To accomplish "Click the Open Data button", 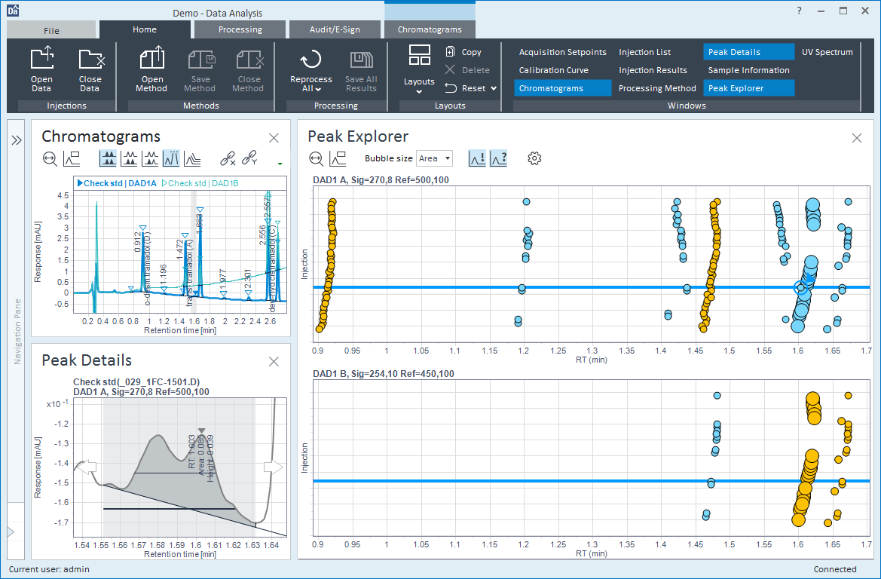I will [41, 69].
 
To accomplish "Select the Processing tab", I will [240, 30].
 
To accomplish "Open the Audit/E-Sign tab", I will [335, 30].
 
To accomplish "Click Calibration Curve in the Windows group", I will [553, 70].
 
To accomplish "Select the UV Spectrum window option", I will [827, 52].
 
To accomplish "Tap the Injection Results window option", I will [653, 70].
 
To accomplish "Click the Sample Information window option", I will [748, 70].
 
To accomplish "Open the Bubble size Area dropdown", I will [435, 158].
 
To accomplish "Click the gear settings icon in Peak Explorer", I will [534, 158].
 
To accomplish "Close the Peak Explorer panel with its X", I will [857, 138].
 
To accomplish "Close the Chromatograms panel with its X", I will [274, 138].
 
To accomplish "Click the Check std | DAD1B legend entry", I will [201, 183].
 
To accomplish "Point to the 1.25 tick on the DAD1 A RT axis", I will [558, 351].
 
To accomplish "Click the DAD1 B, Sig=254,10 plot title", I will [383, 374].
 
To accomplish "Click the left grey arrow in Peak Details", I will [88, 467].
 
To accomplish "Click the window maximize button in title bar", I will [843, 11].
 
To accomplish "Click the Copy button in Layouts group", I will [464, 52].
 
